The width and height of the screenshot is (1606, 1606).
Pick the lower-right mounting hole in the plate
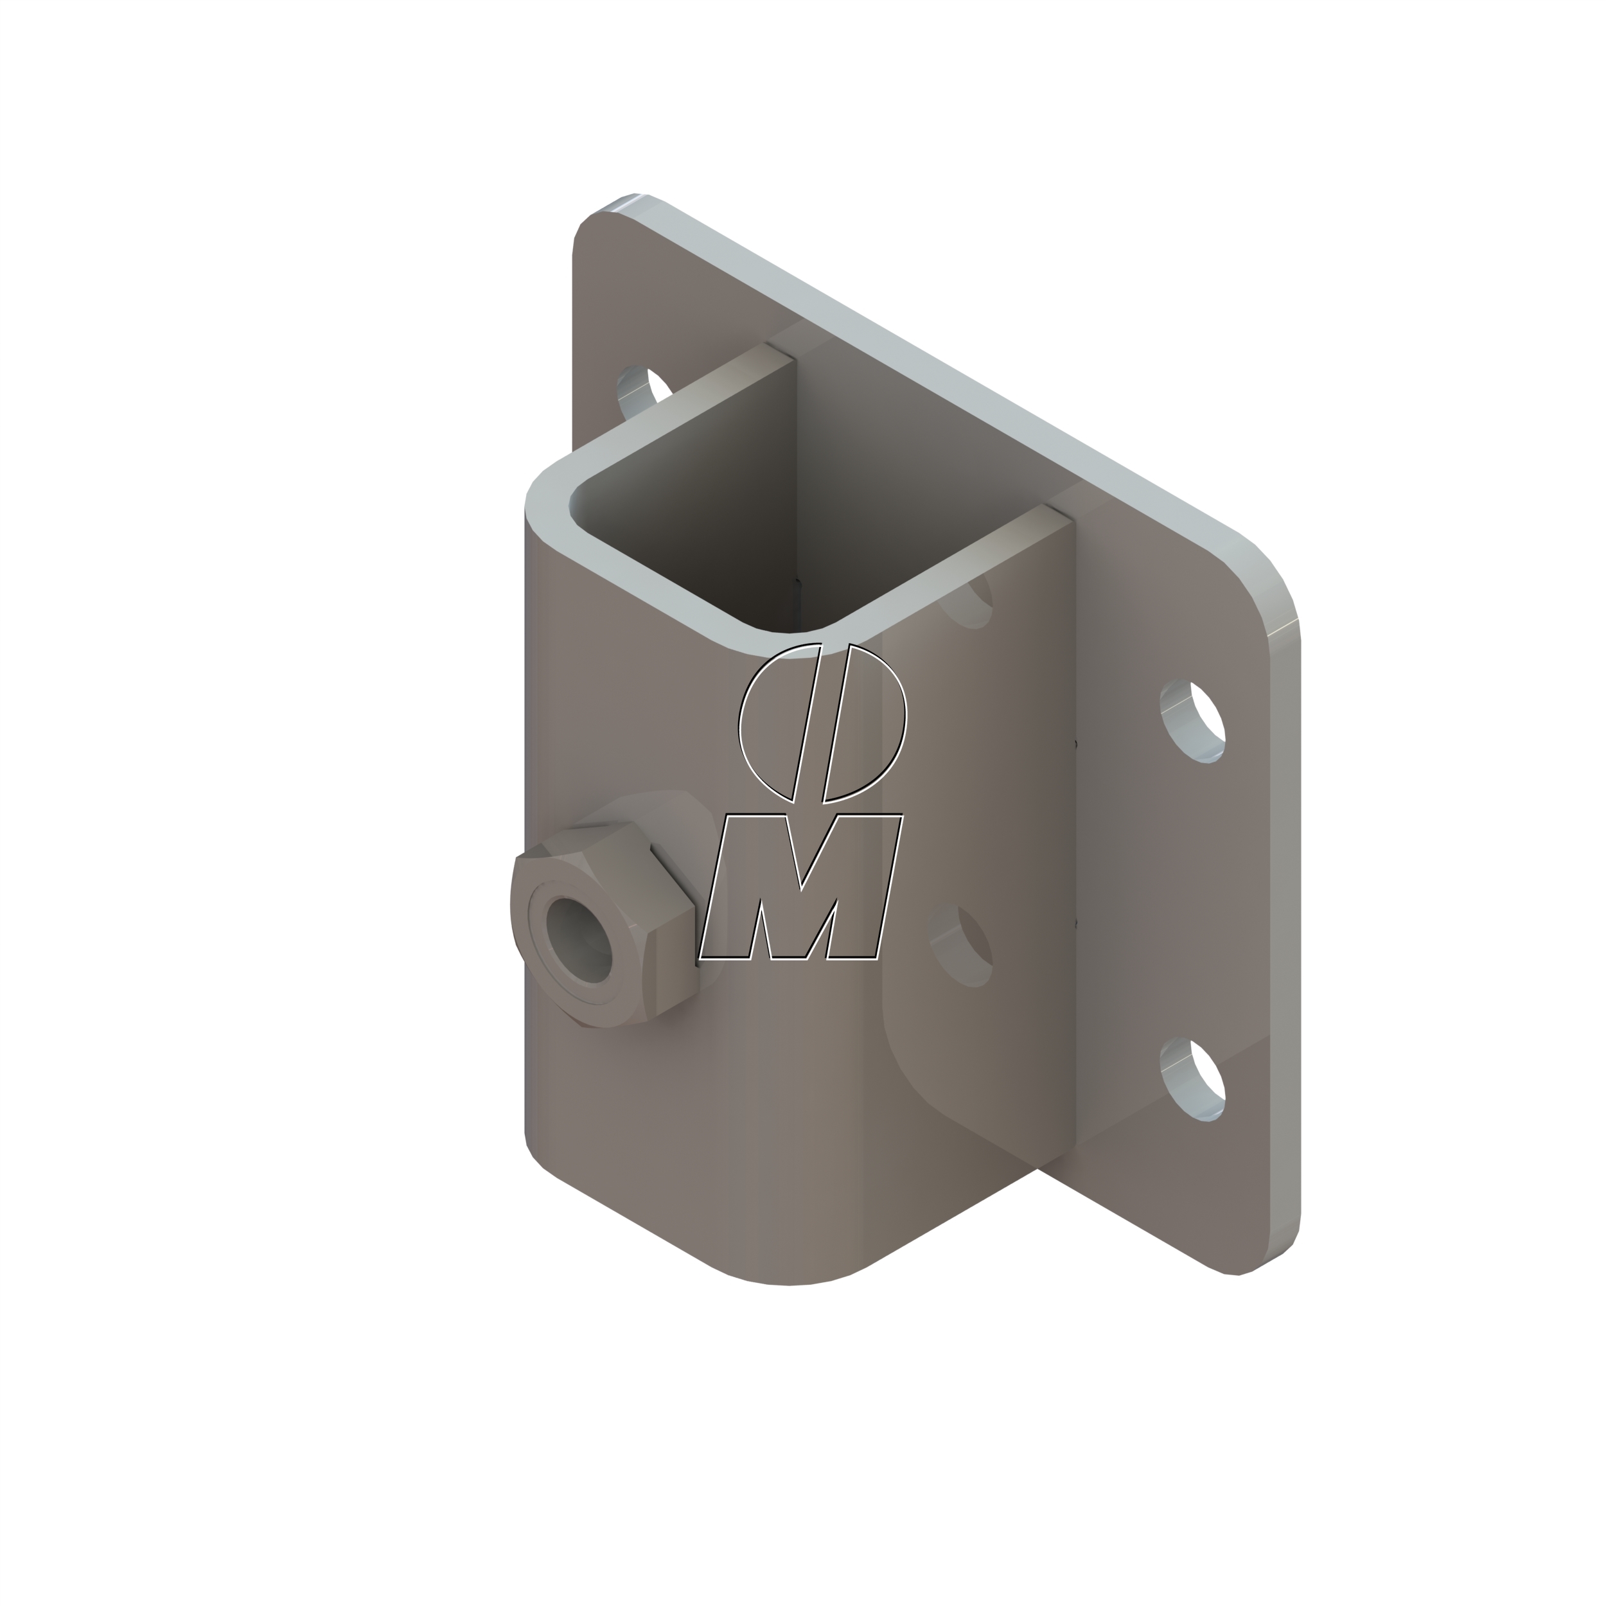(x=1194, y=1079)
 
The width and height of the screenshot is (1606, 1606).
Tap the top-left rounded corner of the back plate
(x=594, y=220)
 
